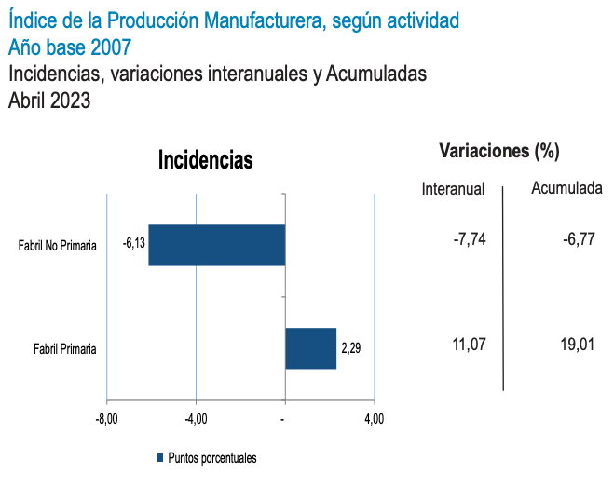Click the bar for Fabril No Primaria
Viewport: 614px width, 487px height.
(216, 246)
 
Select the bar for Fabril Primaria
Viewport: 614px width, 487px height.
(310, 348)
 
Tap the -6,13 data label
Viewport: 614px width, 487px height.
(134, 243)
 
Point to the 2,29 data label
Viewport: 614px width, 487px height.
(351, 349)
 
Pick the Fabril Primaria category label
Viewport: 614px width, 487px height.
(65, 349)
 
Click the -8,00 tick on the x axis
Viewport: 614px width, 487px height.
(107, 419)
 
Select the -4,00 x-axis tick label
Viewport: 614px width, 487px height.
(196, 419)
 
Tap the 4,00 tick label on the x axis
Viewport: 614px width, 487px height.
(373, 419)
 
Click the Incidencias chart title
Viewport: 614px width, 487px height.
(206, 160)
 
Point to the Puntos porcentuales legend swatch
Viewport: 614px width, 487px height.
(159, 457)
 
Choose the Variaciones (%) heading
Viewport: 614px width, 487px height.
(498, 151)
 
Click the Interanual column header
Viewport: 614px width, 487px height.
(454, 189)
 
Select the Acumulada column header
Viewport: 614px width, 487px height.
(566, 189)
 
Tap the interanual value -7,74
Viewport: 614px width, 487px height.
(470, 240)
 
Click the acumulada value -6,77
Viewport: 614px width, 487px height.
(579, 240)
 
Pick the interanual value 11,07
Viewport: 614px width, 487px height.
(469, 345)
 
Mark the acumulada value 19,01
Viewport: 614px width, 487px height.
(579, 345)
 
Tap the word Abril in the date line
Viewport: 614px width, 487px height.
(27, 101)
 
